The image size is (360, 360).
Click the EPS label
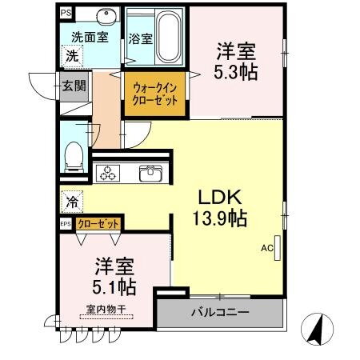tap(65, 224)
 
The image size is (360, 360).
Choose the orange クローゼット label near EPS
tap(99, 224)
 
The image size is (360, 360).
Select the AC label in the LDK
tap(266, 247)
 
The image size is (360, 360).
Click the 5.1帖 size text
tap(112, 286)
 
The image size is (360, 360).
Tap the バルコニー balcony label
tap(220, 312)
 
